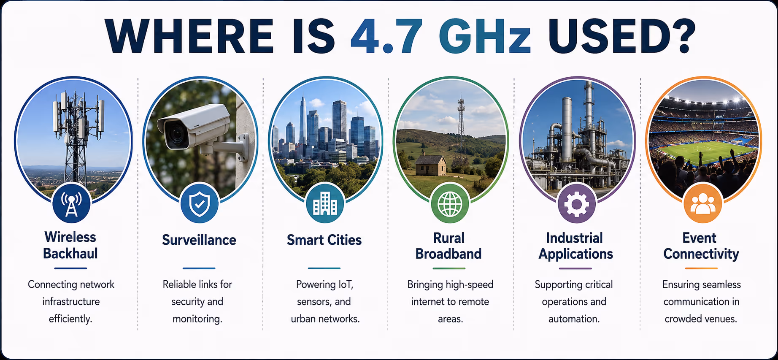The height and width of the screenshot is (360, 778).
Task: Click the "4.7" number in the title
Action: [x=386, y=36]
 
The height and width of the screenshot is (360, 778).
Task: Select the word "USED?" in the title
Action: [x=622, y=36]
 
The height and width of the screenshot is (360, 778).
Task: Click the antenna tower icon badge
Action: [x=72, y=204]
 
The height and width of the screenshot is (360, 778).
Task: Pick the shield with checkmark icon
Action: [x=200, y=204]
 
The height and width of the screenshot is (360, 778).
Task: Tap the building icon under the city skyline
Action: [x=325, y=204]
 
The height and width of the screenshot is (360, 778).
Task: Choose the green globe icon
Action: [x=450, y=204]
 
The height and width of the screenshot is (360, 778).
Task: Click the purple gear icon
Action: [x=576, y=204]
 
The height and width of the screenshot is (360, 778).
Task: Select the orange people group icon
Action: [x=702, y=204]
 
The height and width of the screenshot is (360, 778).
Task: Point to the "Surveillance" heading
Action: [x=199, y=240]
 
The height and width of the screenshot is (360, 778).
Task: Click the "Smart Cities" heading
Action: [x=324, y=240]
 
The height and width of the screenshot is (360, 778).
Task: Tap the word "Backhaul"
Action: [x=70, y=254]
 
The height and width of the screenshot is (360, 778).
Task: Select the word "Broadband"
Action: [x=448, y=254]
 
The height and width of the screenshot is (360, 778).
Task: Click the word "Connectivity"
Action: [x=701, y=254]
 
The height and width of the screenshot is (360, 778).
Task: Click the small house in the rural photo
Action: [x=430, y=165]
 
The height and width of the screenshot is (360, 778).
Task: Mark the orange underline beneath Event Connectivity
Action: [x=701, y=268]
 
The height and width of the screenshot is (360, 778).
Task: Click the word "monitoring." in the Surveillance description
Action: [x=197, y=319]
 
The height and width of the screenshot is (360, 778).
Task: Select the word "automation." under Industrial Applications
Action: [x=574, y=319]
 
